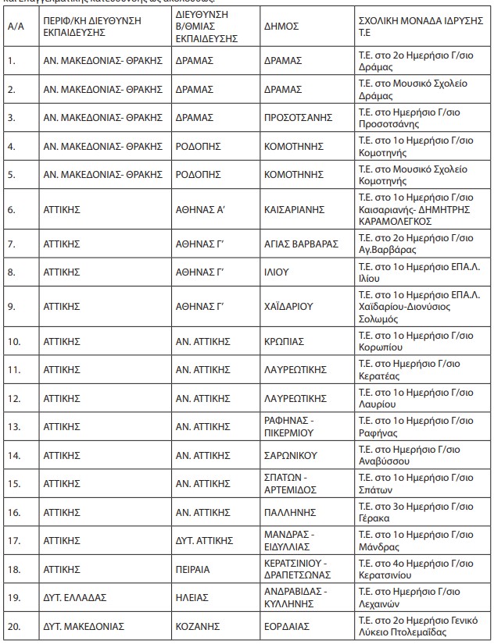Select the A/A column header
pos(14,26)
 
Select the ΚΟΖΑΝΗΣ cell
pos(195,626)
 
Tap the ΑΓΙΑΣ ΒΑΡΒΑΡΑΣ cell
pos(300,244)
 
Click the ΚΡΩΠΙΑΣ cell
pos(284,341)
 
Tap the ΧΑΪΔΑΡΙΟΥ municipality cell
pos(287,307)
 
